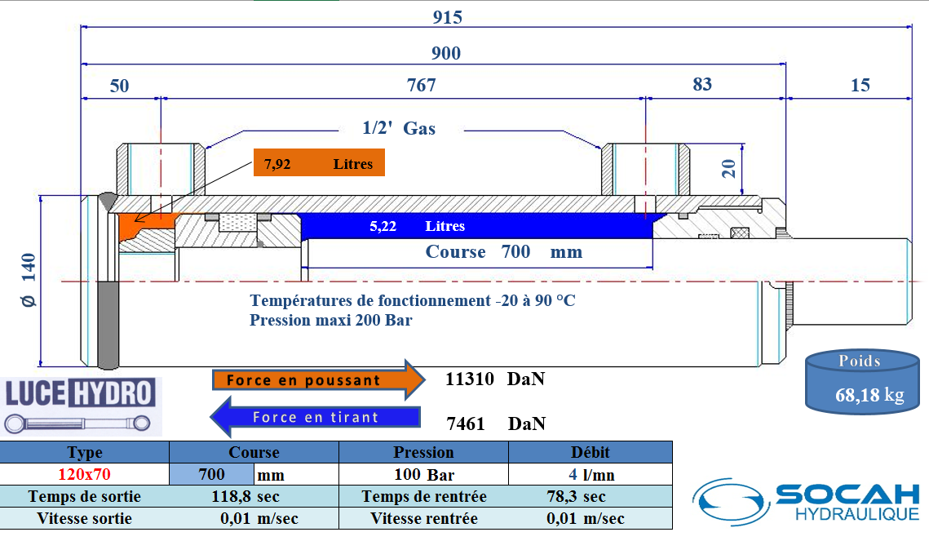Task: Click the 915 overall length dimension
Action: (448, 17)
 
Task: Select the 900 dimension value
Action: (445, 54)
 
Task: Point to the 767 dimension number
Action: (421, 85)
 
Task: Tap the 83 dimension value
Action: (701, 84)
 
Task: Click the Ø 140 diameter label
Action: (29, 280)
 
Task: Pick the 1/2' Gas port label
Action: (399, 128)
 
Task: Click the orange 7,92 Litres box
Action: (318, 164)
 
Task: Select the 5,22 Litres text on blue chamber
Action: (417, 226)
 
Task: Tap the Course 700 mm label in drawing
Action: (504, 251)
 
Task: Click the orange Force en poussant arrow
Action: (317, 379)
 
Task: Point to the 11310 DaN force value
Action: (494, 379)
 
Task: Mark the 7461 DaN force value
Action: (496, 423)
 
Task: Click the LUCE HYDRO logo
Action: (80, 405)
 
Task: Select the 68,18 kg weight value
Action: (869, 395)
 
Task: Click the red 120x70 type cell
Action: (85, 474)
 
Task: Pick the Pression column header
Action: (423, 452)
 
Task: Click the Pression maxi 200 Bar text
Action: (330, 320)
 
